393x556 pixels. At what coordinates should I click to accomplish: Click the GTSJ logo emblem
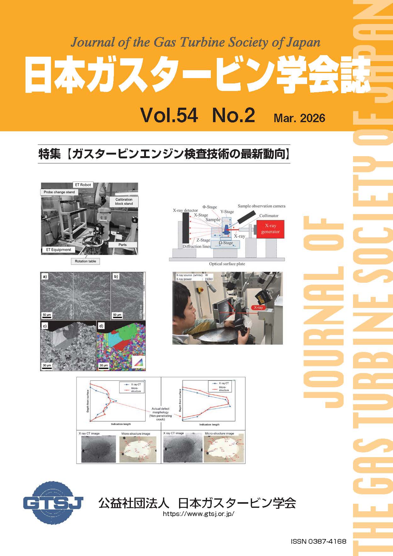coord(53,502)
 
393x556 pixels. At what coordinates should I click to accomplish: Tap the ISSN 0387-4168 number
coord(318,542)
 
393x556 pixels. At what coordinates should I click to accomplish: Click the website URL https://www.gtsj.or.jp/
coord(199,514)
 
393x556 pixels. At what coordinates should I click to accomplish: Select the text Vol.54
coord(169,115)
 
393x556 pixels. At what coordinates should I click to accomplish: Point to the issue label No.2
coord(233,115)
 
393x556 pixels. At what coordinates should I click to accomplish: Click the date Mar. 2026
coord(299,118)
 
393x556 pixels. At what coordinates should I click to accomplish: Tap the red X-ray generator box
coord(270,229)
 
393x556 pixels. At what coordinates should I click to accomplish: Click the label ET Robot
coord(83,185)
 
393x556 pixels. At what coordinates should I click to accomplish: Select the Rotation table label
coord(85,261)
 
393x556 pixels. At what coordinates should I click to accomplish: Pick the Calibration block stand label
coord(124,201)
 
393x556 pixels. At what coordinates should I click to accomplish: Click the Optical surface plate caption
coord(227,264)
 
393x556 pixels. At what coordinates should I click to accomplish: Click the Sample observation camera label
coord(261,206)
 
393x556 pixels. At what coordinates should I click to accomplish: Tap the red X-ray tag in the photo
coord(258,307)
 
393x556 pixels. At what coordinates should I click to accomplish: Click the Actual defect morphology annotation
coord(160,414)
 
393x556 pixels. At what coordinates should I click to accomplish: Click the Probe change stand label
coord(59,192)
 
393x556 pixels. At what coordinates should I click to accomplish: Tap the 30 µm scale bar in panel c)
coord(47,366)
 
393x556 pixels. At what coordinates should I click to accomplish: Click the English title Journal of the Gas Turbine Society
coord(195,42)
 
